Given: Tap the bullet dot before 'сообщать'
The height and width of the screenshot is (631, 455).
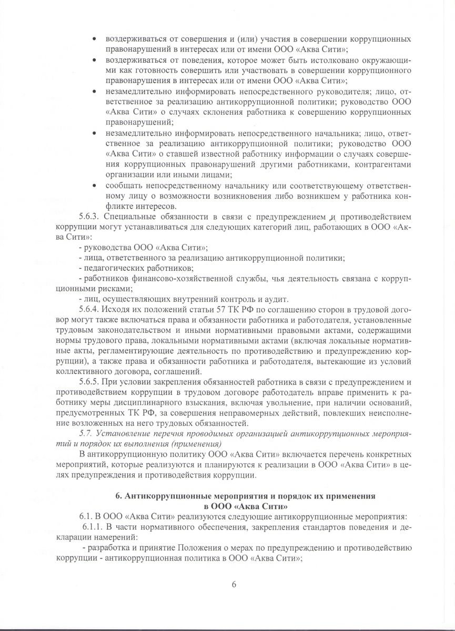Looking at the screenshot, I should [94, 186].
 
